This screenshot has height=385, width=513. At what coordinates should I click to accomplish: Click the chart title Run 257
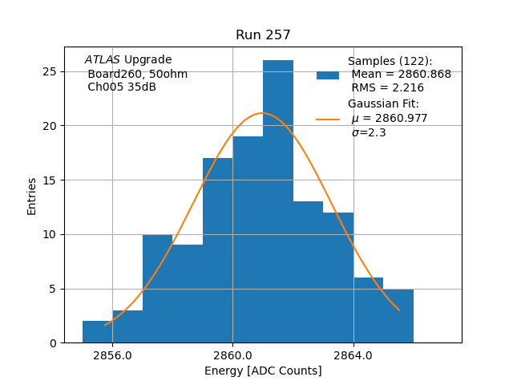263,35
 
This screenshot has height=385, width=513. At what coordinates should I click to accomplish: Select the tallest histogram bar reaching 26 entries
278,201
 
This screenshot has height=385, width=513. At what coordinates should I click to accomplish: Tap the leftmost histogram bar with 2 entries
97,332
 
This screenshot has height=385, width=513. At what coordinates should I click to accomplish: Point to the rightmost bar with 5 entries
398,316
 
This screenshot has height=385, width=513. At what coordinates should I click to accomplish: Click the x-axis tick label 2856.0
112,355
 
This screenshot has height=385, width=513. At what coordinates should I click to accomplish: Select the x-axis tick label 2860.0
232,355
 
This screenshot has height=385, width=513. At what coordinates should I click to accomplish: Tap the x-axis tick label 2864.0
353,355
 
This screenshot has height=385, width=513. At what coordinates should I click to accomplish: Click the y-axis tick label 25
49,71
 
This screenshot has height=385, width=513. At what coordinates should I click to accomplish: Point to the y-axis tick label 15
49,180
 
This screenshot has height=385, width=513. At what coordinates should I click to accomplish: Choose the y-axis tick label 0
52,343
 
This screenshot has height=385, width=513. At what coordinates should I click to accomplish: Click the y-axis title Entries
32,196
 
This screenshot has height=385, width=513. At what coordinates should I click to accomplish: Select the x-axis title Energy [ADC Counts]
263,371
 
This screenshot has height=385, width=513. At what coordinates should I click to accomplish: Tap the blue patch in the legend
328,75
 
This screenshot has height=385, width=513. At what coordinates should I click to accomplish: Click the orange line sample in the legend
328,119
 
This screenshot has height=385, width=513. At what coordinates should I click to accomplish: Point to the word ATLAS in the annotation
102,60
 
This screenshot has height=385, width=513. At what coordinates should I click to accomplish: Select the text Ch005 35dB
122,87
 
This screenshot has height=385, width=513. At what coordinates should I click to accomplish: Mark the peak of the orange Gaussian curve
262,113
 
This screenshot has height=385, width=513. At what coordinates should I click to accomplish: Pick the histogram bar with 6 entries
368,310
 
